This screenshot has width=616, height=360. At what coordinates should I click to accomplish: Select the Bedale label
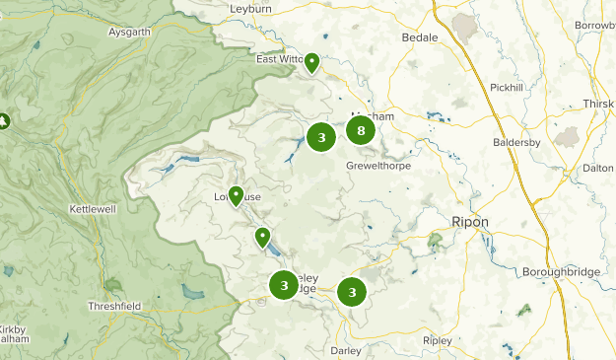coord(419,37)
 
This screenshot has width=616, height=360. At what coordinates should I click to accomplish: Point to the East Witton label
coord(279,59)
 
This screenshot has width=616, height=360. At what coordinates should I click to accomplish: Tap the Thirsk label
coord(598,104)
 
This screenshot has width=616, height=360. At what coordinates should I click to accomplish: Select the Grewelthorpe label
coord(377,166)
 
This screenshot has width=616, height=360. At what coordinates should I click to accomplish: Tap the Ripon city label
coord(469,221)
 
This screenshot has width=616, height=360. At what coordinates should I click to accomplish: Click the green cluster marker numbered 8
coord(361,129)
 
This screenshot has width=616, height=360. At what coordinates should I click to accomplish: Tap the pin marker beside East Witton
coord(311,63)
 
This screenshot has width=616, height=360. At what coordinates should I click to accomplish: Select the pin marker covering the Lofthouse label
coord(236,195)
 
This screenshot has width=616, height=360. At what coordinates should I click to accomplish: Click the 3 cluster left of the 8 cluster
coord(321,137)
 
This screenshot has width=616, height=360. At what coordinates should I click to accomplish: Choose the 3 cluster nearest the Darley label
coord(351,291)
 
